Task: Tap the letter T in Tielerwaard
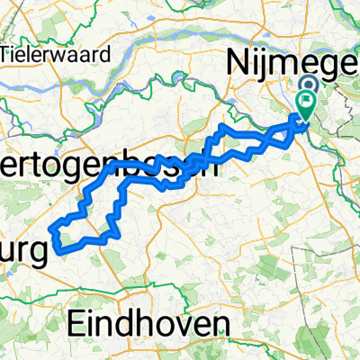tap(7, 53)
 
